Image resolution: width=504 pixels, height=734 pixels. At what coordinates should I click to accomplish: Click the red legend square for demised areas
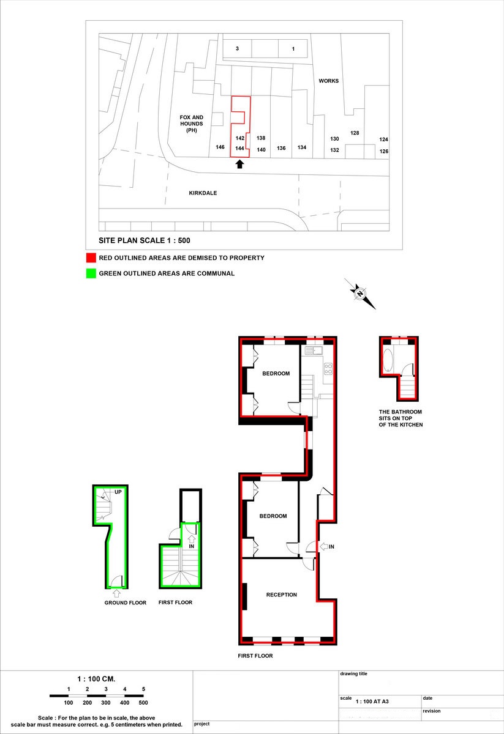point(91,258)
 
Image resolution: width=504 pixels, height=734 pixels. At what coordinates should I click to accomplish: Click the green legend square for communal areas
point(91,273)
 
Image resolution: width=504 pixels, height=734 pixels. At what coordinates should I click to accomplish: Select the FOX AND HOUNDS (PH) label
point(191,124)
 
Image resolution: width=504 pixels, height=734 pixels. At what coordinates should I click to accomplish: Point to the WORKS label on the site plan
point(328,81)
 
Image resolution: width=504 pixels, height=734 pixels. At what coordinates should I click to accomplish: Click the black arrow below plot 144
point(239,164)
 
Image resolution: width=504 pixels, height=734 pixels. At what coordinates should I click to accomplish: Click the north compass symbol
point(360,294)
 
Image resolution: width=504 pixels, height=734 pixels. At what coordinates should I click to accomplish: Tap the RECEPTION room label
point(281,595)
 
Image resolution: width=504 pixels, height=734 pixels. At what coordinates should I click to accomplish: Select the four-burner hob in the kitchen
point(328,368)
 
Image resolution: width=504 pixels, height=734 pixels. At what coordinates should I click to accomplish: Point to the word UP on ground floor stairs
point(118,492)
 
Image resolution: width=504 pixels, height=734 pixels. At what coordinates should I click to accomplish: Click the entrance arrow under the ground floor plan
point(117,592)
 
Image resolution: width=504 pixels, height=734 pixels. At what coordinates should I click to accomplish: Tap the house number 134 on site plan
point(302,148)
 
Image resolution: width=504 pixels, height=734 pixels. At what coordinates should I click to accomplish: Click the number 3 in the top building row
point(237,49)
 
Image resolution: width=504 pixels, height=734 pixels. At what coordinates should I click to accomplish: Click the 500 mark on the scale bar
point(143,703)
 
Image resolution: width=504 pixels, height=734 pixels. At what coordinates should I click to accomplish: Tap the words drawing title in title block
point(353,674)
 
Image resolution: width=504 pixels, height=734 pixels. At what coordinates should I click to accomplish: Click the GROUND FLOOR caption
point(125,603)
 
